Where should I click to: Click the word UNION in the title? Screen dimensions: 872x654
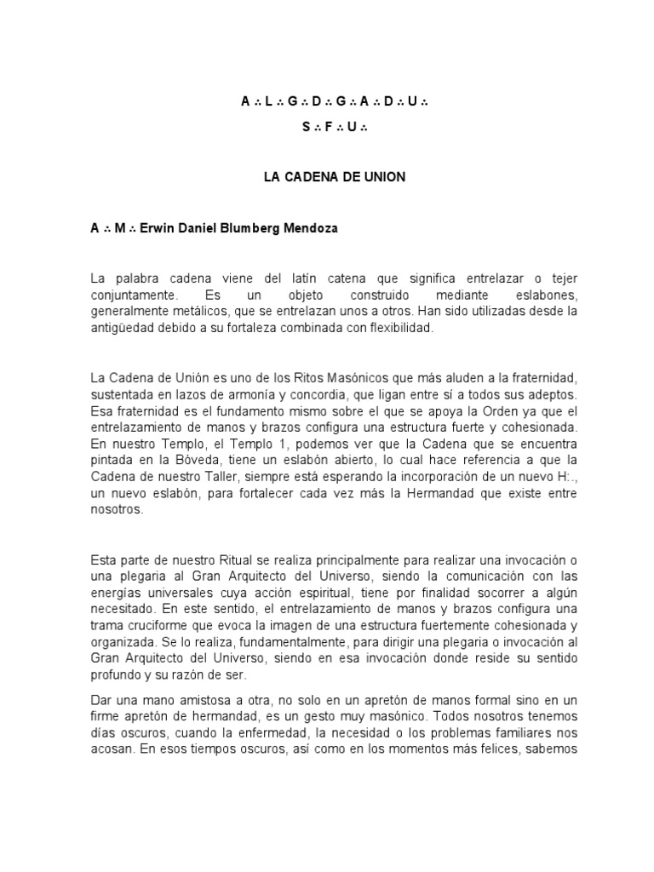[382, 177]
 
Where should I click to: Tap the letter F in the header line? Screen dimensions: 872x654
[328, 128]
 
